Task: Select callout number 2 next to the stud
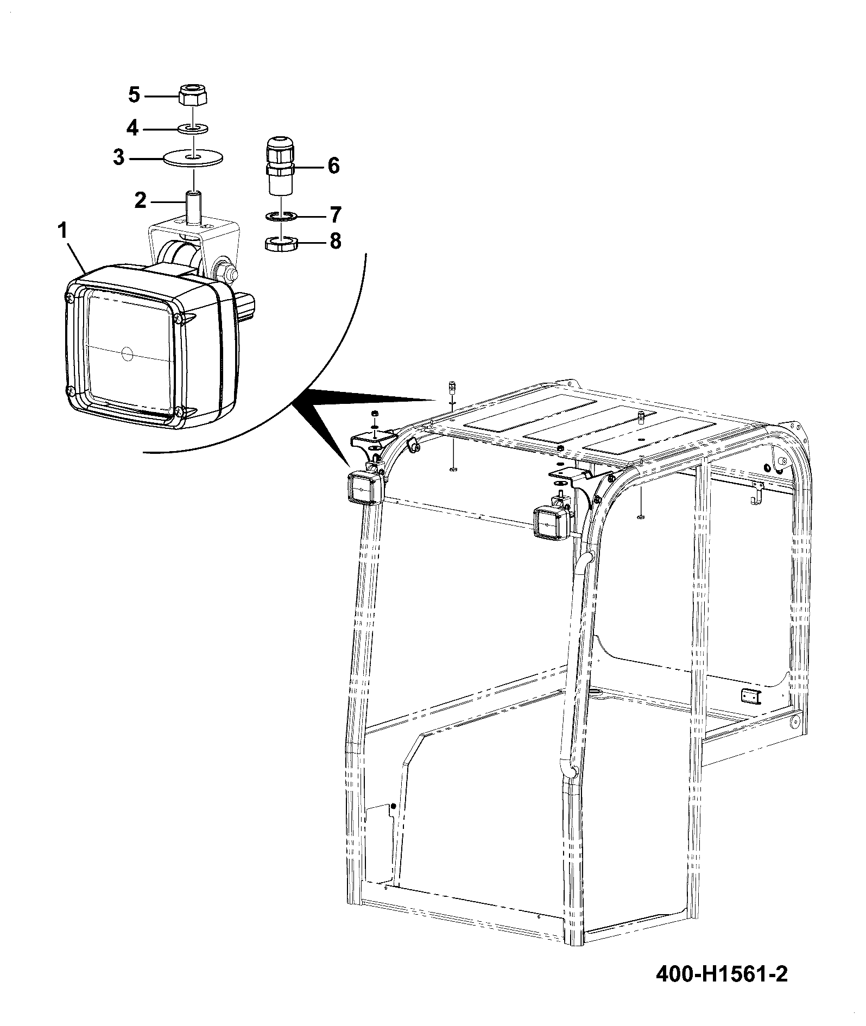pyautogui.click(x=140, y=201)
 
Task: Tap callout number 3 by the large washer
pyautogui.click(x=119, y=159)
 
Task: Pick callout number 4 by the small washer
pyautogui.click(x=132, y=128)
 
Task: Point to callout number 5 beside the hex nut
pyautogui.click(x=134, y=96)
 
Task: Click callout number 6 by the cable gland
pyautogui.click(x=333, y=165)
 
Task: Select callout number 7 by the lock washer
pyautogui.click(x=335, y=215)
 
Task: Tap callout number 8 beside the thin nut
pyautogui.click(x=336, y=241)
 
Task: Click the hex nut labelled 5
pyautogui.click(x=193, y=96)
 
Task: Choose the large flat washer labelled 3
pyautogui.click(x=193, y=158)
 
